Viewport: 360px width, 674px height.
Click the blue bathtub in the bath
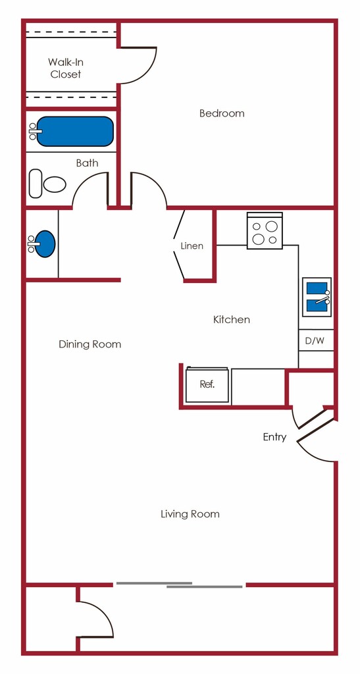[x=75, y=132]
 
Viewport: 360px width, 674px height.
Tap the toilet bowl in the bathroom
[x=55, y=184]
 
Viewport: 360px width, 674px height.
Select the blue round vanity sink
[x=45, y=244]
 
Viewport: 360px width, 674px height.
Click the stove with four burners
[x=265, y=231]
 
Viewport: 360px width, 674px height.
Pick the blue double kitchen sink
[x=317, y=297]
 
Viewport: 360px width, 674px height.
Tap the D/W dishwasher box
[x=316, y=340]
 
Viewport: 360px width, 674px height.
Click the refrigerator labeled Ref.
[x=207, y=384]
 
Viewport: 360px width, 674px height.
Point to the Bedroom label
[x=222, y=113]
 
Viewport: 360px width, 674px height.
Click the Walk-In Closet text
[x=66, y=68]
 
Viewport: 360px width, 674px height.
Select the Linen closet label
[x=192, y=246]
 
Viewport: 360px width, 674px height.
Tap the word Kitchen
[x=232, y=319]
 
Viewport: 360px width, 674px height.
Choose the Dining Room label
[x=90, y=344]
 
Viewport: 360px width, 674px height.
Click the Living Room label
[x=190, y=513]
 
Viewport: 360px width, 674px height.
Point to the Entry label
[x=274, y=437]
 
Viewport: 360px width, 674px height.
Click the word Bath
[x=87, y=163]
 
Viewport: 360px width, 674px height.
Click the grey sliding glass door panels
[x=180, y=584]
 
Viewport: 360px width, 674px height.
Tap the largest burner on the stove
[x=272, y=226]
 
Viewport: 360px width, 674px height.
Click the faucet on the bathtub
[x=33, y=131]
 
